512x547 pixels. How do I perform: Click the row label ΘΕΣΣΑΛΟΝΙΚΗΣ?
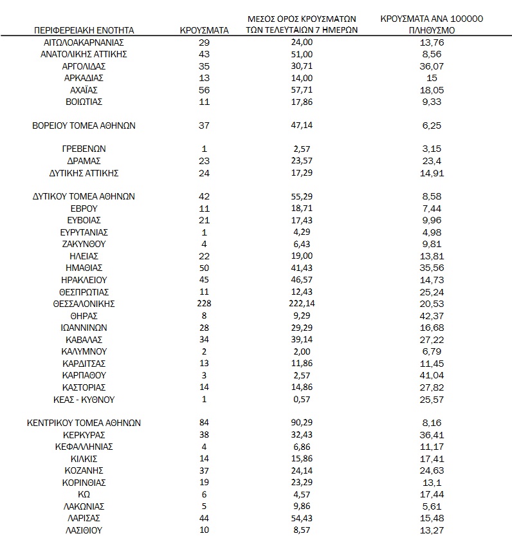point(84,304)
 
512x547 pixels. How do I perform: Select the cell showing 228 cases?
point(205,304)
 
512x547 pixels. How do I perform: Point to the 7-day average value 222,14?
point(302,304)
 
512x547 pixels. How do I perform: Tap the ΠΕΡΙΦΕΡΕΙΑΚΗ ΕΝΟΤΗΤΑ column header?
point(84,30)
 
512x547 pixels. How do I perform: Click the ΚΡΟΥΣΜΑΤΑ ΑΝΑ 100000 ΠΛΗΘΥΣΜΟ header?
point(431,24)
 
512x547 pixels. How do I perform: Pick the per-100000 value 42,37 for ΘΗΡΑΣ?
point(431,316)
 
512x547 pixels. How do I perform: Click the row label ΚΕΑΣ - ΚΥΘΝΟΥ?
point(84,400)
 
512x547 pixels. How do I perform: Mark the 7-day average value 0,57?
point(302,400)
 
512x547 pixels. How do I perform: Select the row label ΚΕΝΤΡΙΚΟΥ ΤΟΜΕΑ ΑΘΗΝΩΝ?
point(84,423)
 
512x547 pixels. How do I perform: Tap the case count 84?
point(205,423)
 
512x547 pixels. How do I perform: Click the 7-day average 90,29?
point(302,423)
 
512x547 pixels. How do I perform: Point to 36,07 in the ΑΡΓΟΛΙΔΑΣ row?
point(431,66)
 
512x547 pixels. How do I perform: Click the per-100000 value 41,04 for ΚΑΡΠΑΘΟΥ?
point(431,375)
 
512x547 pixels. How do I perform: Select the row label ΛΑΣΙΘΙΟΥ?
point(84,531)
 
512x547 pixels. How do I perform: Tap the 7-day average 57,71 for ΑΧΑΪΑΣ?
point(302,90)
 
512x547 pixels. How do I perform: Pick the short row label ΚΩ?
point(84,495)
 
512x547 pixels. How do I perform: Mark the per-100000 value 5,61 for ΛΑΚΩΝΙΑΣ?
point(431,506)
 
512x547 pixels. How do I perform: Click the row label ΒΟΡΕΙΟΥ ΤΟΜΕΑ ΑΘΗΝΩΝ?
point(84,126)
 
